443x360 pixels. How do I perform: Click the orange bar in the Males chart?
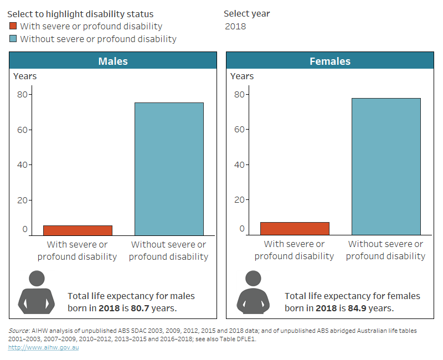pyautogui.click(x=78, y=230)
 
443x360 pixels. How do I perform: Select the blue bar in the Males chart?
pyautogui.click(x=169, y=169)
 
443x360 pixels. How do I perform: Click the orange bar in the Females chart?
pyautogui.click(x=295, y=228)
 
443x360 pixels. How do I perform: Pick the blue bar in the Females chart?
pyautogui.click(x=386, y=166)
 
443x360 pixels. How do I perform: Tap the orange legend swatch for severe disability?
pyautogui.click(x=13, y=26)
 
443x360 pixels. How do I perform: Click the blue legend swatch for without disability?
pyautogui.click(x=13, y=39)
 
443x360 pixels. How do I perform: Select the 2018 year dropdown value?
pyautogui.click(x=236, y=26)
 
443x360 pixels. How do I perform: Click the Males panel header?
pyautogui.click(x=113, y=61)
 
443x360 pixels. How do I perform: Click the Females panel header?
pyautogui.click(x=329, y=61)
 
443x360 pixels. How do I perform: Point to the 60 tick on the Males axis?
pyautogui.click(x=22, y=130)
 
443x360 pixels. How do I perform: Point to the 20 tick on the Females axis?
pyautogui.click(x=239, y=199)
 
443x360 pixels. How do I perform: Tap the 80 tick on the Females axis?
pyautogui.click(x=239, y=94)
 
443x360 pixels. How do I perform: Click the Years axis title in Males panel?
pyautogui.click(x=25, y=76)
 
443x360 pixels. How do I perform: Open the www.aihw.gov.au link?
pyautogui.click(x=43, y=347)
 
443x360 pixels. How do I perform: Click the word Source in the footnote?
pyautogui.click(x=19, y=331)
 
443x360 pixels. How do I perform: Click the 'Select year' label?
pyautogui.click(x=246, y=13)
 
